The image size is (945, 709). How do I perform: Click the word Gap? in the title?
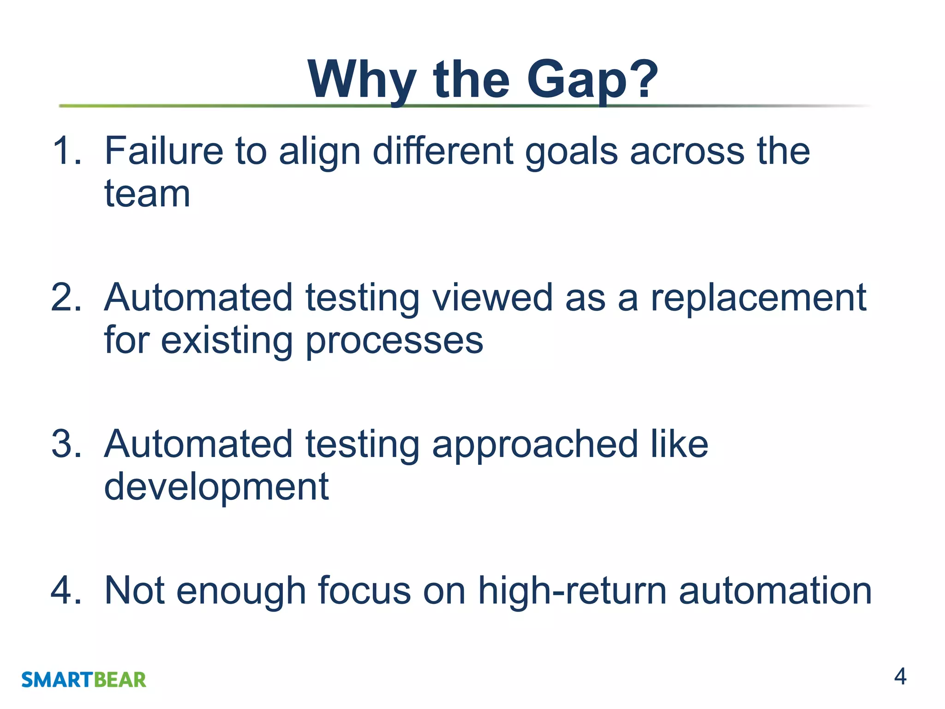592,81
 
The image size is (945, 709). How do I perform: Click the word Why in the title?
362,81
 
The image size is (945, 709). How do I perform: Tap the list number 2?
66,298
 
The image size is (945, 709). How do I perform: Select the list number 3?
66,444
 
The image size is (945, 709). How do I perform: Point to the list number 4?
66,590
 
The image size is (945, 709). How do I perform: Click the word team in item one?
147,194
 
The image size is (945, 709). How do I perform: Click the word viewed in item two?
492,298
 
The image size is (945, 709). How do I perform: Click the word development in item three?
216,487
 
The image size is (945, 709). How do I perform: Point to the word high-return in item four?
572,591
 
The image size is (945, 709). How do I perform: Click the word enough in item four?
241,591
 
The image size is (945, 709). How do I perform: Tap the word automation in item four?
775,590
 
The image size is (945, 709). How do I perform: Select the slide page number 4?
900,677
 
